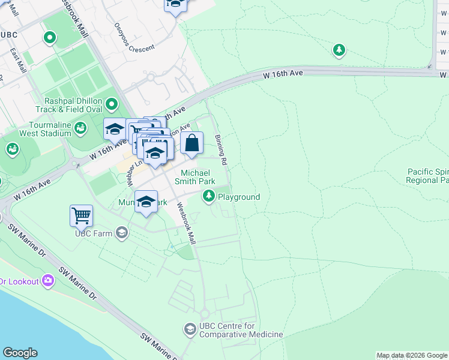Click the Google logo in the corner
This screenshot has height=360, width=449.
pyautogui.click(x=20, y=353)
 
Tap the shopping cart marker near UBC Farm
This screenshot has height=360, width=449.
pyautogui.click(x=81, y=215)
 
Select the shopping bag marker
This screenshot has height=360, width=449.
pyautogui.click(x=191, y=144)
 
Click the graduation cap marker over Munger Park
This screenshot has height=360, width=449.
pyautogui.click(x=146, y=203)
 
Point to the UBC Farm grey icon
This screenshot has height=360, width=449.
pyautogui.click(x=122, y=233)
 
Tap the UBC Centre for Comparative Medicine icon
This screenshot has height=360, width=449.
pyautogui.click(x=190, y=329)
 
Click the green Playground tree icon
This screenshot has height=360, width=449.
pyautogui.click(x=209, y=196)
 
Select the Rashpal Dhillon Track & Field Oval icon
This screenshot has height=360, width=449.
pyautogui.click(x=111, y=106)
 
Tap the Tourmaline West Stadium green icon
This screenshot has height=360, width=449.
pyautogui.click(x=80, y=128)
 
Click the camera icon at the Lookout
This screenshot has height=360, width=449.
pyautogui.click(x=48, y=281)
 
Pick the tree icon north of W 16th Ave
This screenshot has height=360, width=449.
pyautogui.click(x=339, y=49)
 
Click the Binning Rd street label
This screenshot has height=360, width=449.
pyautogui.click(x=221, y=150)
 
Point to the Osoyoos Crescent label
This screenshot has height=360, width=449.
pyautogui.click(x=134, y=37)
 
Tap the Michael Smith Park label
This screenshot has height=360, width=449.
pyautogui.click(x=194, y=177)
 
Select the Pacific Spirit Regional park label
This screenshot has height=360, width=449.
pyautogui.click(x=427, y=176)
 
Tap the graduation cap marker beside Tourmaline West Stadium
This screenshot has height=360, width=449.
pyautogui.click(x=115, y=128)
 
